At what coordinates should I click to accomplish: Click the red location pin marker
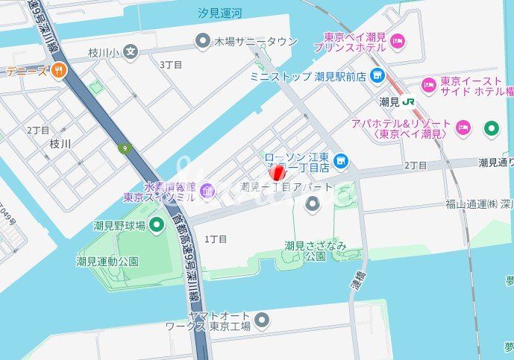pyautogui.click(x=278, y=174)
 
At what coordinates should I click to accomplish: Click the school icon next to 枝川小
pyautogui.click(x=131, y=52)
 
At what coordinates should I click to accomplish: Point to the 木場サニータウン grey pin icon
pyautogui.click(x=202, y=41)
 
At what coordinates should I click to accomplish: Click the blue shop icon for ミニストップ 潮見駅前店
pyautogui.click(x=378, y=75)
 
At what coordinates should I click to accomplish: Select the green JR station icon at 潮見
pyautogui.click(x=408, y=101)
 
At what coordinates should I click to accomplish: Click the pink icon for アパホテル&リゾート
pyautogui.click(x=463, y=128)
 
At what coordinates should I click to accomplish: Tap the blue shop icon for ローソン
pyautogui.click(x=341, y=160)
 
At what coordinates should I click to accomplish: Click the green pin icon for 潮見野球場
pyautogui.click(x=157, y=224)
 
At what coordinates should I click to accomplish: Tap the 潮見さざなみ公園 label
pyautogui.click(x=305, y=250)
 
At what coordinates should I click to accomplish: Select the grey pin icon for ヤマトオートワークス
pyautogui.click(x=261, y=320)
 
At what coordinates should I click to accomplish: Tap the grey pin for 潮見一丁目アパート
pyautogui.click(x=313, y=203)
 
